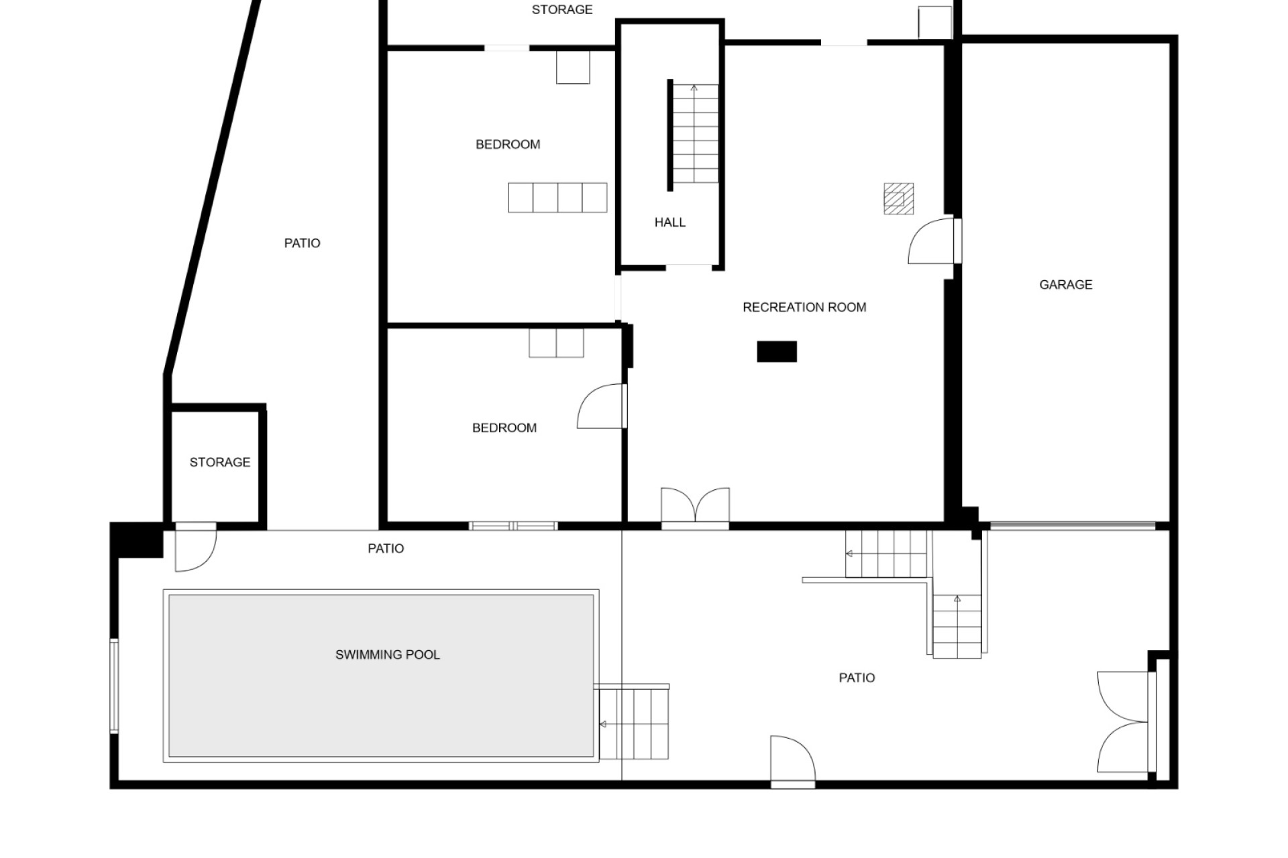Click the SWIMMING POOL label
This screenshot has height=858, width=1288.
[x=388, y=655]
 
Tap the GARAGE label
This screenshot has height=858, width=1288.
[x=1066, y=285]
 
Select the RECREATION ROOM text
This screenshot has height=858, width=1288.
[x=804, y=308]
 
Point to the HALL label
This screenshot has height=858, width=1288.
[x=670, y=223]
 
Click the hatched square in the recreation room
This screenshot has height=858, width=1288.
[x=898, y=198]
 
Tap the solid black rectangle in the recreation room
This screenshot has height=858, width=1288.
[x=777, y=352]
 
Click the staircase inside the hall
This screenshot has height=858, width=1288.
[x=696, y=134]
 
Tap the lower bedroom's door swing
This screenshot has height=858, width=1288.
[x=601, y=406]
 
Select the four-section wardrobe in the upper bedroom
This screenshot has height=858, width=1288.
[x=557, y=198]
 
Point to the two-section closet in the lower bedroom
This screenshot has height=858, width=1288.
[x=556, y=343]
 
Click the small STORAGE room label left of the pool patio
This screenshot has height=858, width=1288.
[x=220, y=463]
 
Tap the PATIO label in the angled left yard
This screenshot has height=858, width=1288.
[x=302, y=243]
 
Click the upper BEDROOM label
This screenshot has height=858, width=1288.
[x=508, y=145]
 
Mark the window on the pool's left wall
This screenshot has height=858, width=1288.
[x=114, y=686]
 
